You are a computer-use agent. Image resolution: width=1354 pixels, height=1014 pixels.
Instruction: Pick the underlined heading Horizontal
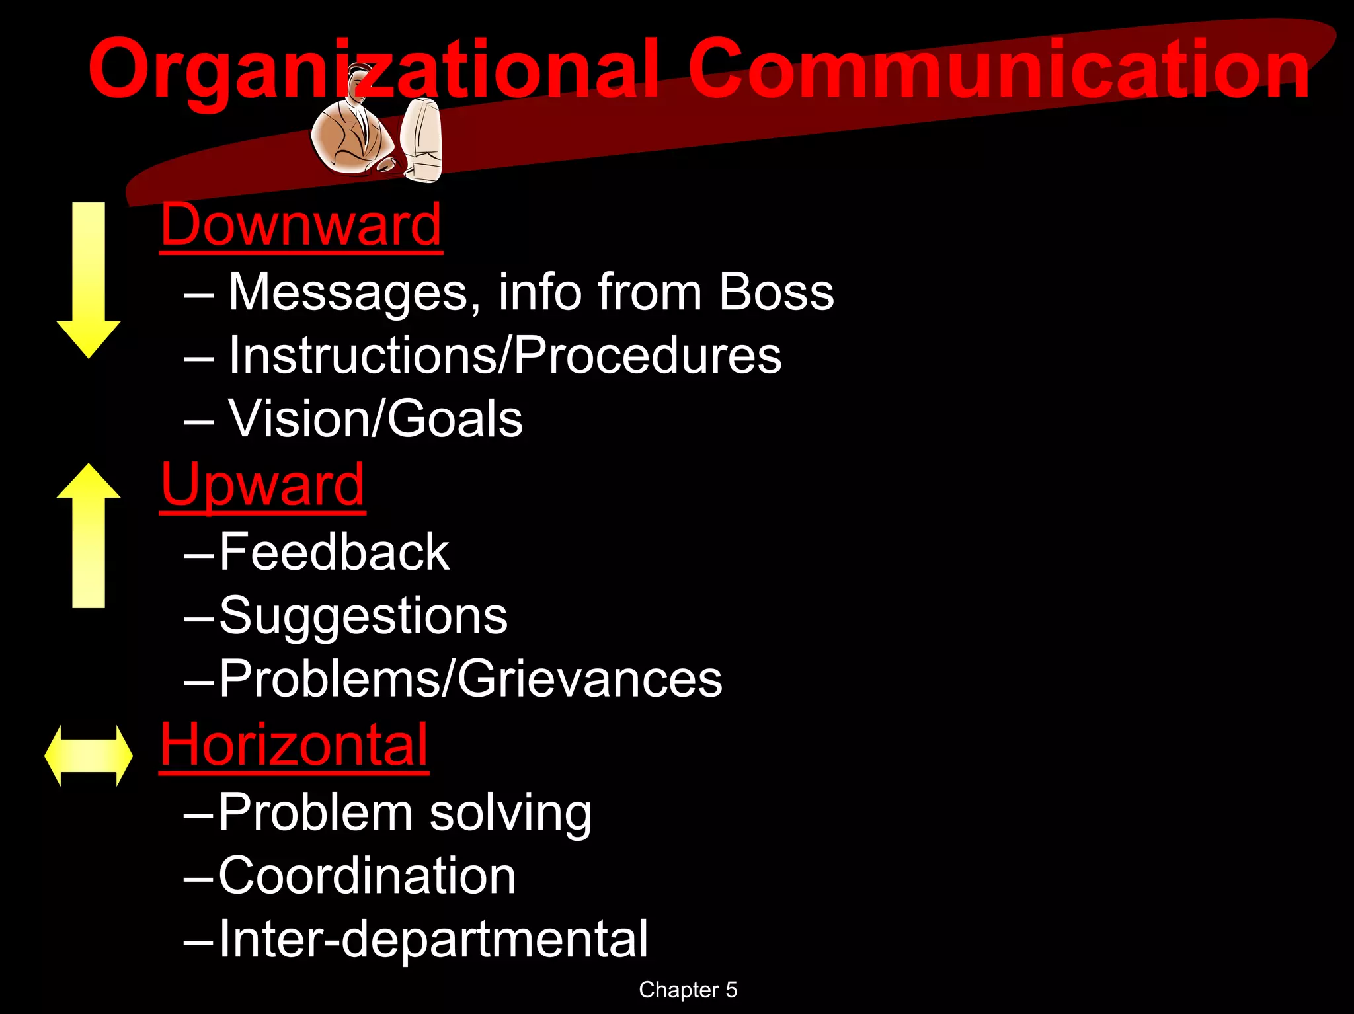click(x=294, y=745)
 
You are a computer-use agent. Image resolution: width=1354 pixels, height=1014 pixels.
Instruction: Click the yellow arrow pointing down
click(x=89, y=281)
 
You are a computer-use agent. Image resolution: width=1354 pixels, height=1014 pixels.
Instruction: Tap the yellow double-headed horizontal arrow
click(x=89, y=756)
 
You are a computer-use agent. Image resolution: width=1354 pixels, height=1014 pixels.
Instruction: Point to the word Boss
click(x=776, y=292)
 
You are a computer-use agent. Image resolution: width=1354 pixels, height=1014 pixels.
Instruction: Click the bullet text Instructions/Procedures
click(x=504, y=356)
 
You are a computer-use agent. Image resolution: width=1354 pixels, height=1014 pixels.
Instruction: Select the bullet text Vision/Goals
click(x=375, y=418)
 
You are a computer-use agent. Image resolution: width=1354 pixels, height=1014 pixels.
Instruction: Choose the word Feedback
click(x=334, y=552)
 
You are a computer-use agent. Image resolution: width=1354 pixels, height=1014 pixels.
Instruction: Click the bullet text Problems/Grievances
click(x=470, y=679)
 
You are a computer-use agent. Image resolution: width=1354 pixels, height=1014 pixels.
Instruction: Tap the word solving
click(x=510, y=812)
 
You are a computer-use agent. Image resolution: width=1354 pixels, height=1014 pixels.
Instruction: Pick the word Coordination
click(x=367, y=876)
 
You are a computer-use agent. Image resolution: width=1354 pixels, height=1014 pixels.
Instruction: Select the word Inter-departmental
click(x=433, y=939)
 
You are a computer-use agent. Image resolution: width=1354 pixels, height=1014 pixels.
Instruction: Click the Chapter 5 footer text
click(x=688, y=990)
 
